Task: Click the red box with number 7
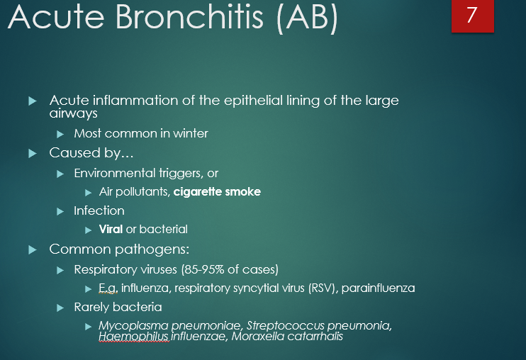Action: click(x=472, y=16)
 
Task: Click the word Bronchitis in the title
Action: click(x=182, y=19)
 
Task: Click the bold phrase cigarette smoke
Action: click(x=217, y=191)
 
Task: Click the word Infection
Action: click(x=99, y=210)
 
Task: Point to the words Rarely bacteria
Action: click(x=118, y=307)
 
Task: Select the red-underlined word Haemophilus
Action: click(x=134, y=337)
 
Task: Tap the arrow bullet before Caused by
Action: click(x=32, y=153)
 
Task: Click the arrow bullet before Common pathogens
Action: click(x=32, y=249)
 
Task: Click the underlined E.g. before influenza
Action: click(x=108, y=288)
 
